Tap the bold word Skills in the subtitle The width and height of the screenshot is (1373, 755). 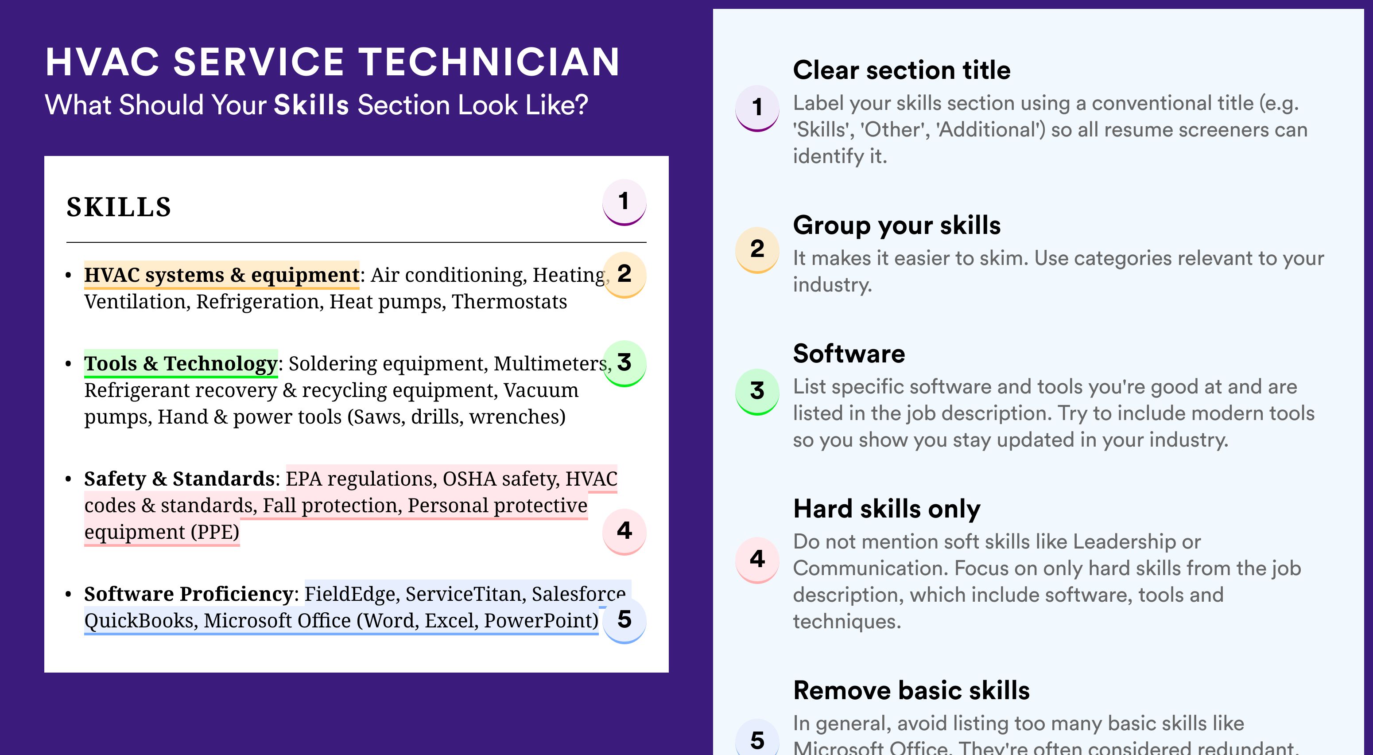click(x=311, y=105)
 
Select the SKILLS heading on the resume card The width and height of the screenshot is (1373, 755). click(x=119, y=207)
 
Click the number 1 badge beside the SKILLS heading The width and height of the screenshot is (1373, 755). click(x=624, y=202)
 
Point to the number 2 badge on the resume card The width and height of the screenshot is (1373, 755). click(x=624, y=275)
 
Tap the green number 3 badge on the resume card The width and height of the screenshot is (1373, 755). click(x=624, y=363)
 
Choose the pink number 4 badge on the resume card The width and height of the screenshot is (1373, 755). click(x=624, y=532)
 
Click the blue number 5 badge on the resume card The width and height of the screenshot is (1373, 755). click(x=624, y=620)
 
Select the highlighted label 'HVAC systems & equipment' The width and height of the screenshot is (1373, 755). click(x=222, y=275)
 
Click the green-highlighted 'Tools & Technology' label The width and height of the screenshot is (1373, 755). click(x=181, y=364)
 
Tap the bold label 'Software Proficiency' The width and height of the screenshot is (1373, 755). click(x=189, y=594)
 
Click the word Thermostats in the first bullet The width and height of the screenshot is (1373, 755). click(x=509, y=302)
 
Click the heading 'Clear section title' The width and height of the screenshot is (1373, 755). click(x=902, y=70)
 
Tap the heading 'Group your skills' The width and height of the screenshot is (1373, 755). click(x=897, y=225)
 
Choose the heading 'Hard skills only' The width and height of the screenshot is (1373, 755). click(x=887, y=509)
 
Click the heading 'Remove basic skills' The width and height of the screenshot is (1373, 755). click(x=911, y=690)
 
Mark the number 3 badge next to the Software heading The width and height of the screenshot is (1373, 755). click(x=757, y=392)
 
